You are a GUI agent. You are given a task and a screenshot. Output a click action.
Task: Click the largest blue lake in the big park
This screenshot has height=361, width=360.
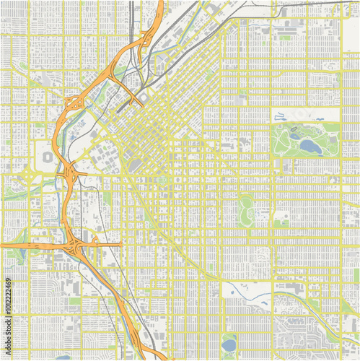(x=310, y=147)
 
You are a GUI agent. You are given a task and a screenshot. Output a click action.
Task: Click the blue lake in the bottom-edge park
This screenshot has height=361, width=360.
(x=229, y=345)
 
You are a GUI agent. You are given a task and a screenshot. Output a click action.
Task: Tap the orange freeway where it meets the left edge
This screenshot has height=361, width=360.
(x=2, y=246)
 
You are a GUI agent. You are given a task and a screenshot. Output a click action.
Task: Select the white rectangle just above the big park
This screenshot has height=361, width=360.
(x=304, y=115)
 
